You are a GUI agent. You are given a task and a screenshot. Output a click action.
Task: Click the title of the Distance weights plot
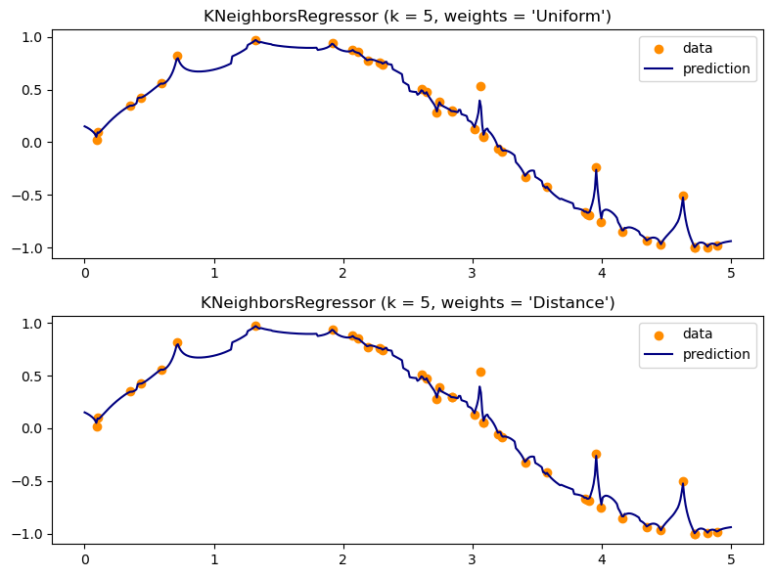(407, 303)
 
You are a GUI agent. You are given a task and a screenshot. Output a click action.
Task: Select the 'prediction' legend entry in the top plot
(698, 68)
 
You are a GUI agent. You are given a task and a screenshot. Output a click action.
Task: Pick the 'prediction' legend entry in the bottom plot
(698, 354)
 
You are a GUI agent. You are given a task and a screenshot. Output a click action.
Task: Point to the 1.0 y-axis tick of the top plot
(34, 37)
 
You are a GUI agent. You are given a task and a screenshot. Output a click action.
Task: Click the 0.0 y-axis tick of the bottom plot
(34, 429)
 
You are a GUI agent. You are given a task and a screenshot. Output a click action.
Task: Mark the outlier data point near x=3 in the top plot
(480, 86)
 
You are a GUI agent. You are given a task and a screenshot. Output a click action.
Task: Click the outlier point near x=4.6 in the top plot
(683, 196)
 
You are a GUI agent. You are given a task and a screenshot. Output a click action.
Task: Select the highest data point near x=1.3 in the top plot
(255, 40)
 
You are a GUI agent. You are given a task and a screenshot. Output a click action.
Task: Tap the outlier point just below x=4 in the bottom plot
(596, 454)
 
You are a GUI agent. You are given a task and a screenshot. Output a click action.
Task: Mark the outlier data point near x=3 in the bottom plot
(480, 372)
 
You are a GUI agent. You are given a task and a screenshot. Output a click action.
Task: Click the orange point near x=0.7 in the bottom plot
(177, 342)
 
